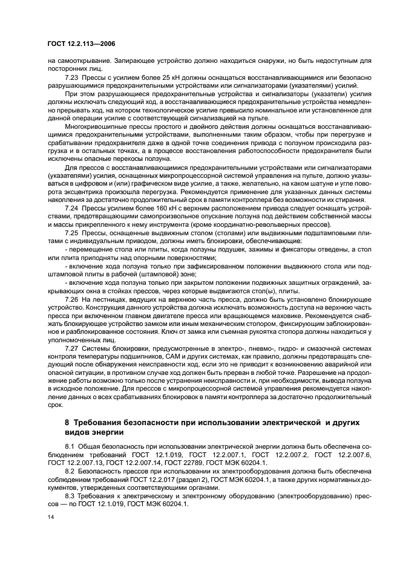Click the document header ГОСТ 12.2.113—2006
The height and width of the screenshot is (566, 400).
coord(82,45)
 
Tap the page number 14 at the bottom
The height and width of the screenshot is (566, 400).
coord(50,518)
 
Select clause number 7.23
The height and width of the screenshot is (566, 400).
coord(71,78)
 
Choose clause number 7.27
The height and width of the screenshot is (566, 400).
coord(71,349)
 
